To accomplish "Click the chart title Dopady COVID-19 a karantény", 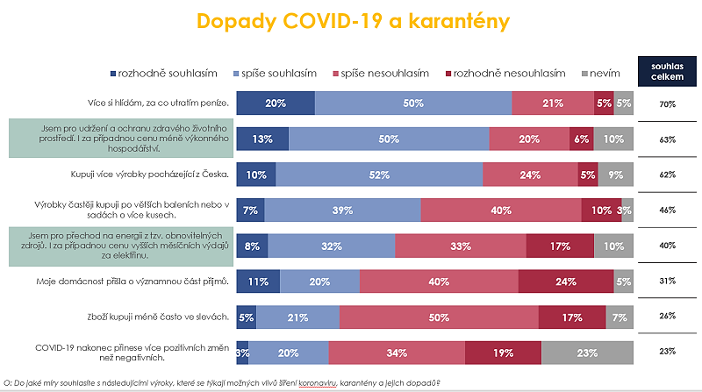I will [x=352, y=21].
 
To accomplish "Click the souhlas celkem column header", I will [x=667, y=72].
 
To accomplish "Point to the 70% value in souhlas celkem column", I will [x=667, y=103].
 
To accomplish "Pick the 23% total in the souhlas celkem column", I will [x=667, y=353].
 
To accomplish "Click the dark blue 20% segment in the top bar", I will [x=276, y=103].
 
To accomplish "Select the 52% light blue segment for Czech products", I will [x=379, y=175].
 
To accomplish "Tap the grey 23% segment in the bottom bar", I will [x=587, y=353].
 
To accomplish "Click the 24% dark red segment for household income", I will [x=565, y=282].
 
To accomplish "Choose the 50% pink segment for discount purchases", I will [x=439, y=317].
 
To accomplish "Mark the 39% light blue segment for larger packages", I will [x=342, y=210].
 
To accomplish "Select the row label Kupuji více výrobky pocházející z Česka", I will [x=149, y=175].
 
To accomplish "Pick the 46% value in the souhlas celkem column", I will [x=667, y=210].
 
